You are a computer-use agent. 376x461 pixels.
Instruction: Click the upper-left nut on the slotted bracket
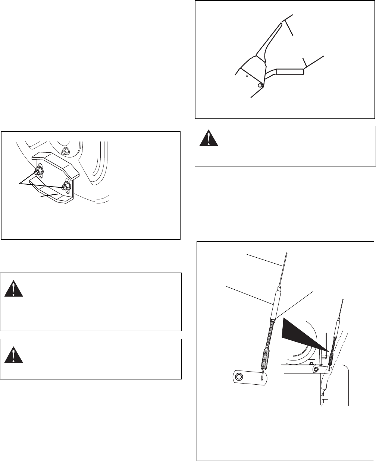(38, 171)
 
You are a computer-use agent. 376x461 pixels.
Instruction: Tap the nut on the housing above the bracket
(65, 152)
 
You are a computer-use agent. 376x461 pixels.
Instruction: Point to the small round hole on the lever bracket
(247, 75)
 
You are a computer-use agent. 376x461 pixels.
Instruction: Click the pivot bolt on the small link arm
(316, 369)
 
